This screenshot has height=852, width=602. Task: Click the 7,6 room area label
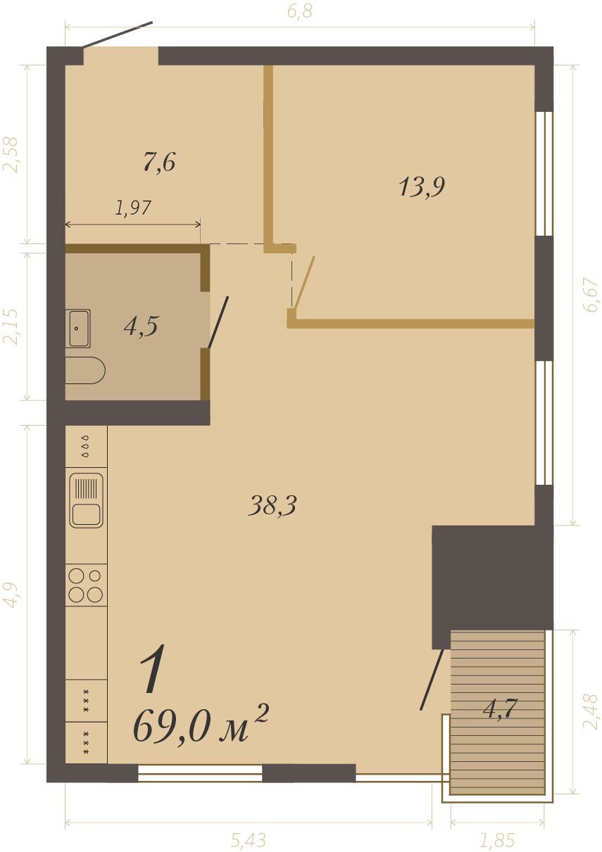159,163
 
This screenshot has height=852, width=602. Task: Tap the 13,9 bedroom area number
422,187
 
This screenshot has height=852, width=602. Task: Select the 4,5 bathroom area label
142,326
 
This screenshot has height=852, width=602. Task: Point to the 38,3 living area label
272,506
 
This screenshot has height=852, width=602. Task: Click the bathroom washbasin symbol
78,329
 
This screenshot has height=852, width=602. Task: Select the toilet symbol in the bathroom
85,371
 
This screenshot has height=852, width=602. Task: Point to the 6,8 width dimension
300,12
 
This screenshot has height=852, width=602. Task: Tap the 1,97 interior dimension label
134,208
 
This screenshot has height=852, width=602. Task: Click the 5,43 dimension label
248,840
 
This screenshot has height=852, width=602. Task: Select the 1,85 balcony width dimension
497,840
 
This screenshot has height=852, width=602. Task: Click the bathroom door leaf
218,322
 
